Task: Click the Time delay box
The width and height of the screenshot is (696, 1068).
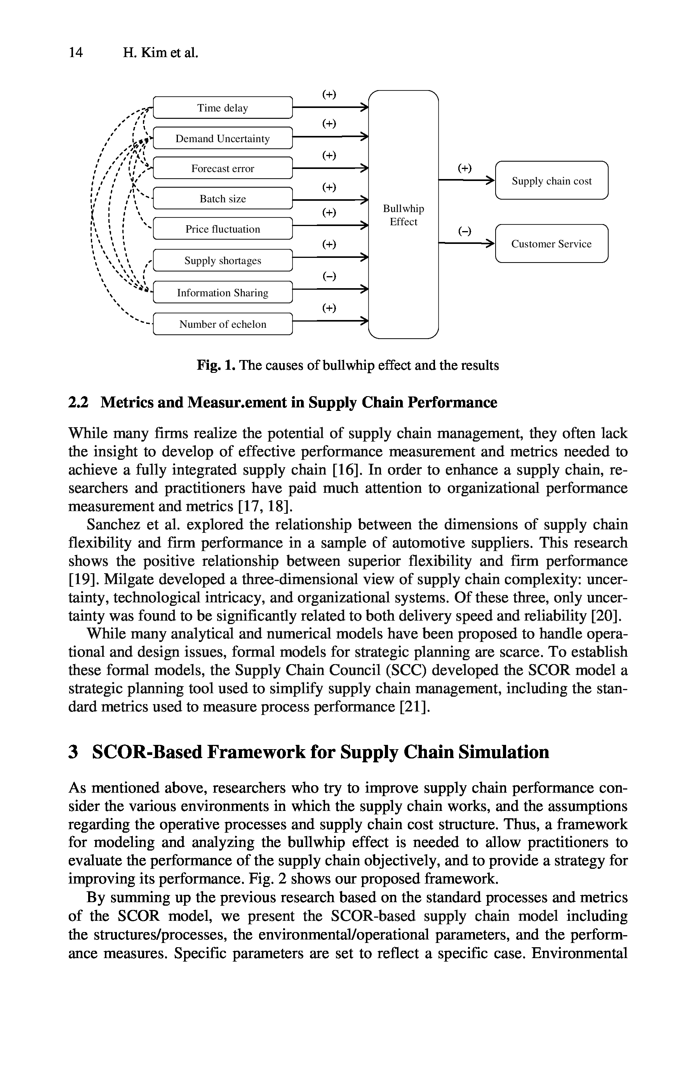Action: tap(223, 108)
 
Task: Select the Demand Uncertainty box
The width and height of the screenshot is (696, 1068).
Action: tap(223, 138)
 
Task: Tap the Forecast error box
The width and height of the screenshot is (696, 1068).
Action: tap(223, 168)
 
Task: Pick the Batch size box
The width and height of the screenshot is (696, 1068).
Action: tap(223, 198)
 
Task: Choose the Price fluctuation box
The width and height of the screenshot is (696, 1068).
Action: tap(223, 229)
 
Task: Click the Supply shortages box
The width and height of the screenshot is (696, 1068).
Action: tap(223, 260)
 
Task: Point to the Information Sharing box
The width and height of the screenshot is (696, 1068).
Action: tap(223, 292)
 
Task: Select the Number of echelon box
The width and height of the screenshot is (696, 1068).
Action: tap(223, 324)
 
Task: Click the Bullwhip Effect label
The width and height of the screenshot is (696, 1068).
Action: tap(403, 215)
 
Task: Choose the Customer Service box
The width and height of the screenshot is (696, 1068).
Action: tap(552, 244)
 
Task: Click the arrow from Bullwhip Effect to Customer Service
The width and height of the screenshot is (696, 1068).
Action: tap(466, 244)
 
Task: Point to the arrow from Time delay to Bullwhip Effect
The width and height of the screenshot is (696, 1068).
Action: tap(330, 107)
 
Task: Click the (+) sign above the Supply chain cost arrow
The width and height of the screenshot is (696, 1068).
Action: tap(465, 168)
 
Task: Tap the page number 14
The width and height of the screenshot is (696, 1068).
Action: tap(75, 52)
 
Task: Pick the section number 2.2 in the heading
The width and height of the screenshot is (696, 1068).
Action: tap(78, 402)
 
